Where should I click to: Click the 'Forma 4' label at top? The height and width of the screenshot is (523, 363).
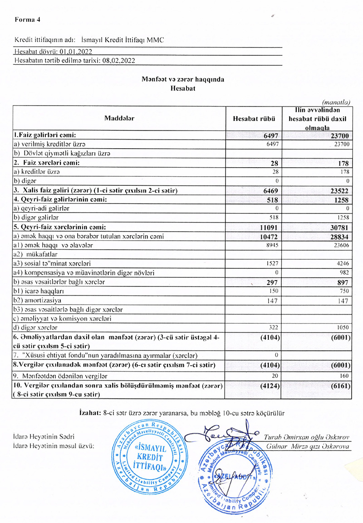click(27, 19)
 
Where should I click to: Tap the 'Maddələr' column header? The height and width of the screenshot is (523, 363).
click(119, 118)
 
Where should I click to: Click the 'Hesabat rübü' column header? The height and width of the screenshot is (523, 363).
click(253, 118)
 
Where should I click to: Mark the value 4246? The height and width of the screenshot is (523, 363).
click(343, 263)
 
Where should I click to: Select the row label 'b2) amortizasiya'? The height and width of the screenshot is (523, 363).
click(39, 300)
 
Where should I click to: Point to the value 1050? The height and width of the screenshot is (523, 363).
click(343, 327)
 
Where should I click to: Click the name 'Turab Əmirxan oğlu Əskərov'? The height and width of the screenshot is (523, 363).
click(306, 437)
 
